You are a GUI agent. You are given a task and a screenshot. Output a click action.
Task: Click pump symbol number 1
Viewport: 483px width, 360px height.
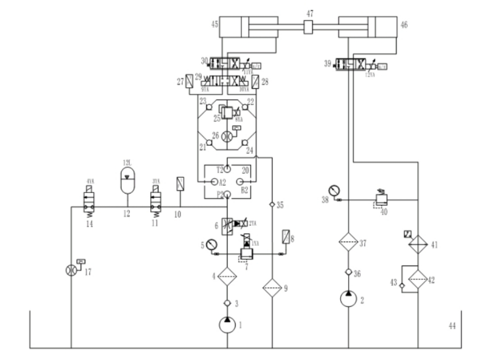click(x=227, y=324)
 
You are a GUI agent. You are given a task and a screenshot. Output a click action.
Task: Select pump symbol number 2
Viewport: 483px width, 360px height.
click(x=348, y=298)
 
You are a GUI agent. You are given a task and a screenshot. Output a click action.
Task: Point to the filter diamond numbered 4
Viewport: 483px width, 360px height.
click(x=227, y=275)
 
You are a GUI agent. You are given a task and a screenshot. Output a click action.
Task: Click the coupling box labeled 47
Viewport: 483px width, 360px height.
click(x=309, y=28)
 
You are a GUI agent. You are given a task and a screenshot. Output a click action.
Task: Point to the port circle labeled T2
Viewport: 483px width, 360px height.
click(x=227, y=168)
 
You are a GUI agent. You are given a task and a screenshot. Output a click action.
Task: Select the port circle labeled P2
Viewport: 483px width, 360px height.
click(x=227, y=194)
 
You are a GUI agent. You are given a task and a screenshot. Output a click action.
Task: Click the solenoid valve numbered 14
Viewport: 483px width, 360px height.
click(x=90, y=202)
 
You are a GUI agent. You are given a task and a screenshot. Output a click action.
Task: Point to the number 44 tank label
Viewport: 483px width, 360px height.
click(x=452, y=325)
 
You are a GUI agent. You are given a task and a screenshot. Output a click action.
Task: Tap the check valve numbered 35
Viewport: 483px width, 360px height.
click(x=272, y=204)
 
